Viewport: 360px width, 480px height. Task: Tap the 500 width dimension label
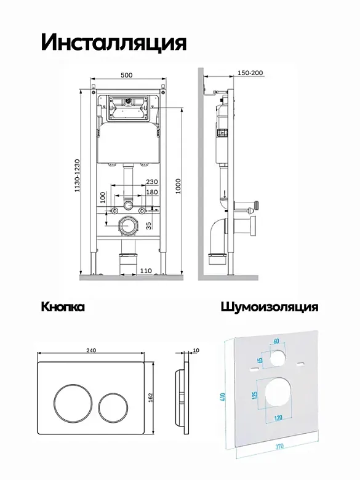(x=126, y=75)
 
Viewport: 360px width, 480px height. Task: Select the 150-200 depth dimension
(x=250, y=73)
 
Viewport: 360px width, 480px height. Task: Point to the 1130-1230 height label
(x=77, y=175)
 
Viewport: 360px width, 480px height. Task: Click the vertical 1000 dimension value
(x=178, y=186)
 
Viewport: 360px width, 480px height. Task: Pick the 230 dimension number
(x=152, y=182)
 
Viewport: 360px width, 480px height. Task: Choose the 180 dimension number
(x=152, y=192)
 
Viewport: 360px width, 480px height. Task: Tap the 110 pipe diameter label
(x=146, y=271)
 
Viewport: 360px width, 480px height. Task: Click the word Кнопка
(x=63, y=306)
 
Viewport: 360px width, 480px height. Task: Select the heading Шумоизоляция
(x=270, y=306)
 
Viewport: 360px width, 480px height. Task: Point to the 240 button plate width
(x=91, y=350)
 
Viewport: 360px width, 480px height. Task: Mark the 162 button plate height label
(x=150, y=398)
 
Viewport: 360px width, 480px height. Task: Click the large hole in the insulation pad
(x=278, y=394)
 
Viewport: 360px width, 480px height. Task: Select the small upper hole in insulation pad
(x=278, y=359)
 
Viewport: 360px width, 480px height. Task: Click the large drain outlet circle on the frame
(x=128, y=226)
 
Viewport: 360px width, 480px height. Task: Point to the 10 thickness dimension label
(x=196, y=350)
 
